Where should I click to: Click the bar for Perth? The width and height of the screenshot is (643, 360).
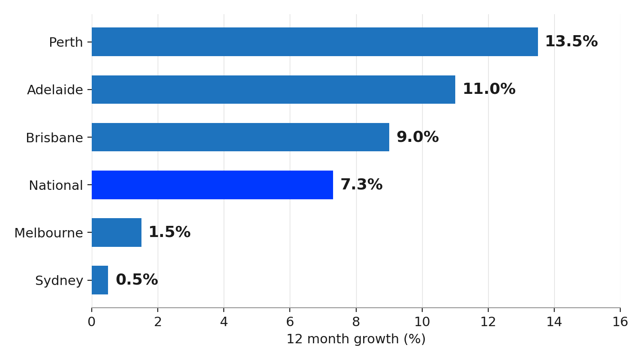315,42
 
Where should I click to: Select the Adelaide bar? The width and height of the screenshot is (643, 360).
273,90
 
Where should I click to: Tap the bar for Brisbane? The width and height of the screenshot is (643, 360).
240,137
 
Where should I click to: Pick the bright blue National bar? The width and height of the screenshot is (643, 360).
212,185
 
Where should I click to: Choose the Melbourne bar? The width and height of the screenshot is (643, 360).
117,233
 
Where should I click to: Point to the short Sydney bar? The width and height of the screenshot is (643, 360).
100,280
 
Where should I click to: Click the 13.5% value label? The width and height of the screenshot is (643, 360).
571,41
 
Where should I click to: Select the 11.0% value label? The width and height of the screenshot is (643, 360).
489,89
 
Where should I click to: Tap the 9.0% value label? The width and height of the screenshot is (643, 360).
418,137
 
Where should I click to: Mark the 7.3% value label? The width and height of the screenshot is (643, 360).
361,184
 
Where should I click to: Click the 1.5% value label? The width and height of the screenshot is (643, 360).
170,232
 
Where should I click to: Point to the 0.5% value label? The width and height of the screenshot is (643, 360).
137,279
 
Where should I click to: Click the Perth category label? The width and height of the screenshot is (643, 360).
66,42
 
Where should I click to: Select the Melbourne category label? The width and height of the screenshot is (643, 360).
48,233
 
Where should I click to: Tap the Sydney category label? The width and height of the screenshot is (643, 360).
59,281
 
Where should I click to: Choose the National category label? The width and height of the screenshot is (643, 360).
56,185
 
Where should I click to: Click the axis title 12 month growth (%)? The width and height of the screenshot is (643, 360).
356,339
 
